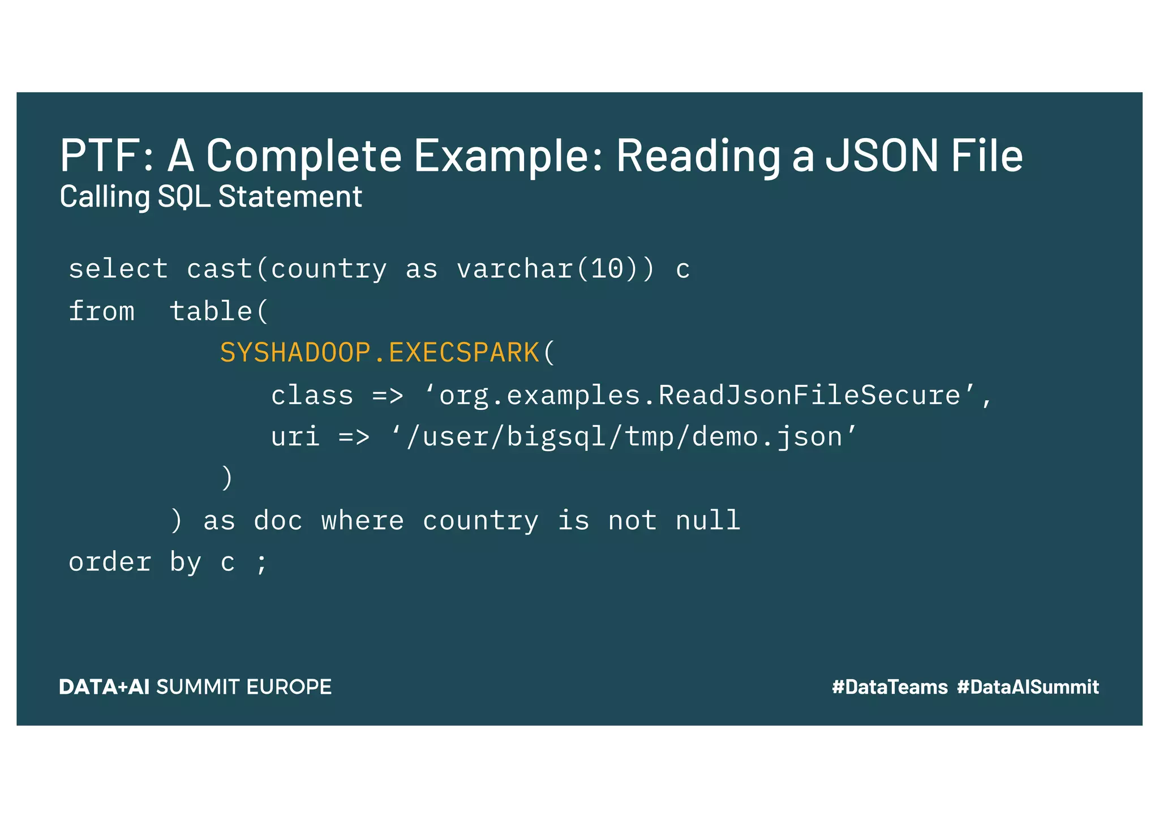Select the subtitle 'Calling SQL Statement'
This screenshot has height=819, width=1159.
coord(211,197)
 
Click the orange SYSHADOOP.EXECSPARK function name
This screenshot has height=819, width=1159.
coord(379,353)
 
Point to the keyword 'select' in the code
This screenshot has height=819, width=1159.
coord(118,269)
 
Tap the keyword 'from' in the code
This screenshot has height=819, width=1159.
coord(102,311)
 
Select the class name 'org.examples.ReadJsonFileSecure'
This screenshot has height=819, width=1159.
coord(699,395)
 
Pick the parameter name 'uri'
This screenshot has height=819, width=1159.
coord(295,437)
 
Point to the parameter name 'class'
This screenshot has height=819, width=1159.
coord(312,395)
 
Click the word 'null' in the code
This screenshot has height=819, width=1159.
coord(708,521)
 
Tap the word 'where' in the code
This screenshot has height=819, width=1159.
coord(363,521)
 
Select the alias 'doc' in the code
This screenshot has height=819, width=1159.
coord(278,521)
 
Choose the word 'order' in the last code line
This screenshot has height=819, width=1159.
coord(110,563)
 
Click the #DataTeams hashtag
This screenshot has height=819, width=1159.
coord(890,687)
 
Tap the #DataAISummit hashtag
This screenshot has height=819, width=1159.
coord(1028,687)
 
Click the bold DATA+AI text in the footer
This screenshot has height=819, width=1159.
coord(104,687)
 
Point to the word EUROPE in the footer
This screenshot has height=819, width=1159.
coord(289,687)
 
